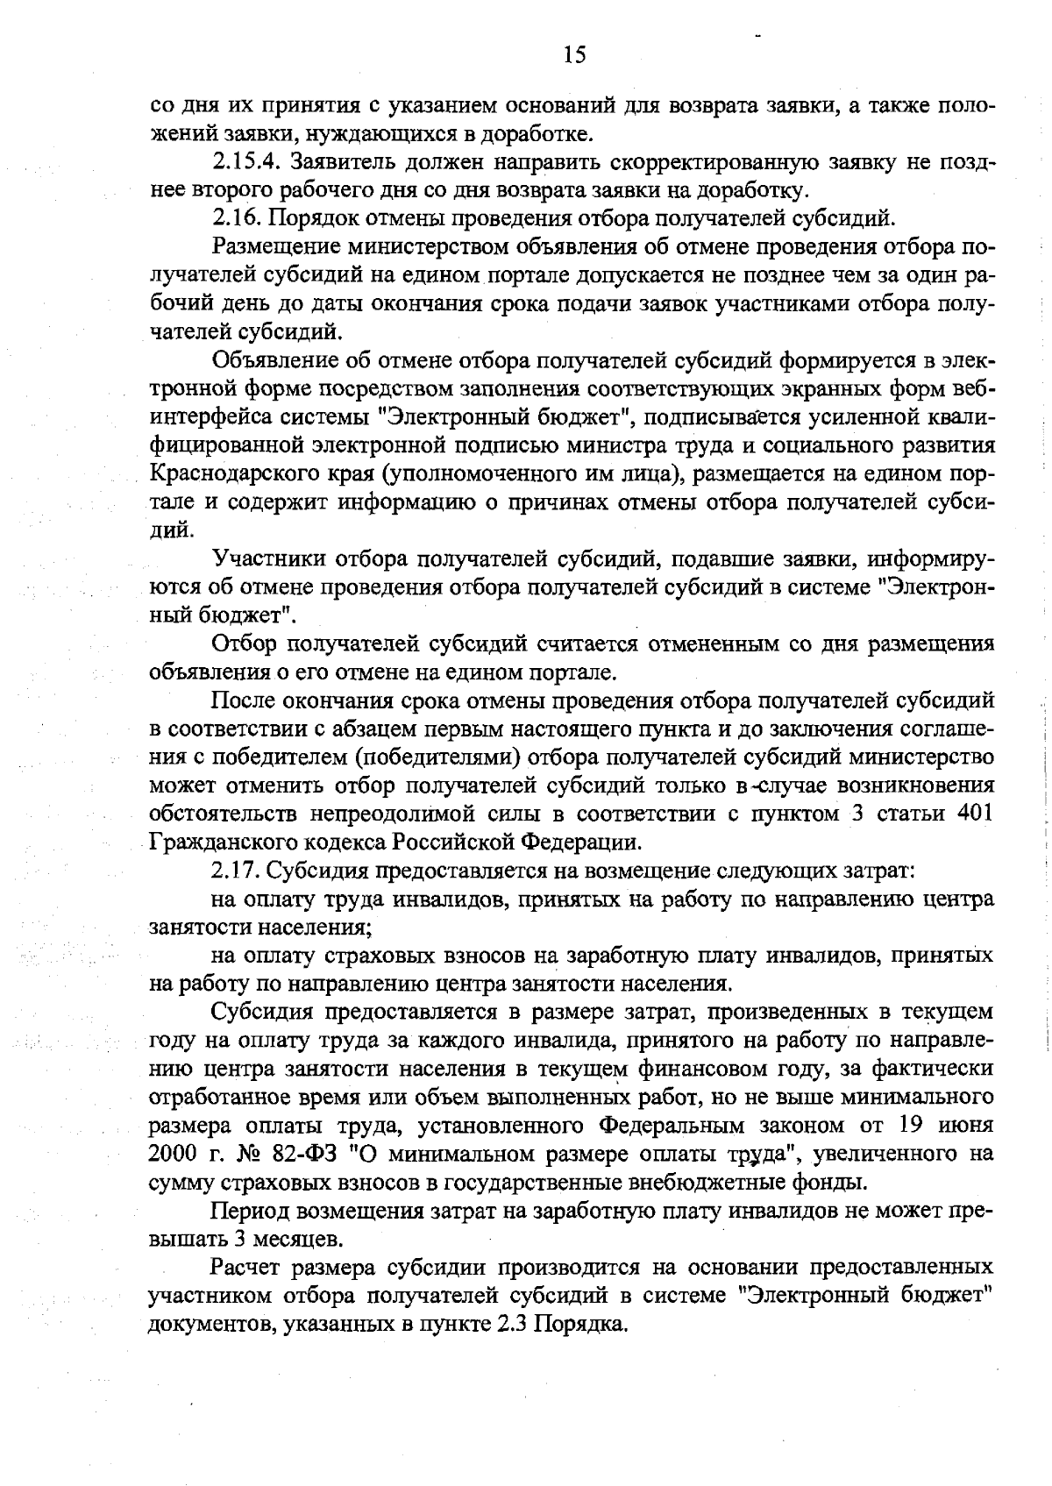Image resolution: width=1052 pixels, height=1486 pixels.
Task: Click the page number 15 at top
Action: tap(574, 55)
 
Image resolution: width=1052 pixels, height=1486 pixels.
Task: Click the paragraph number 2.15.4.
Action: tap(246, 163)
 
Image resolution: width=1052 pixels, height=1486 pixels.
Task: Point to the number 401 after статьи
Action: tap(975, 814)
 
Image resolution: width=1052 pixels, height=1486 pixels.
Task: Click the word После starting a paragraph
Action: tap(243, 700)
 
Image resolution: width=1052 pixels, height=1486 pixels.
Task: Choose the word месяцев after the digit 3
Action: tap(296, 1240)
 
